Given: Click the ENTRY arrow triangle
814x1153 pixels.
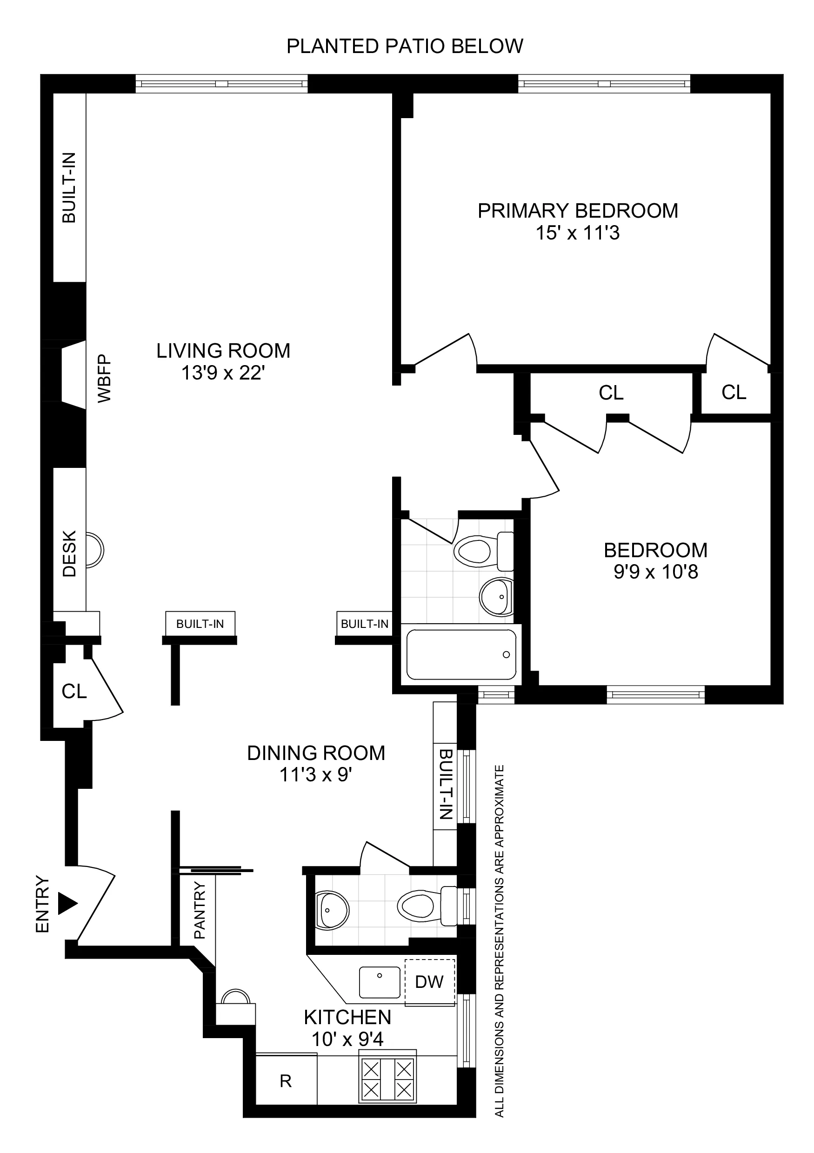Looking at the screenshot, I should point(67,903).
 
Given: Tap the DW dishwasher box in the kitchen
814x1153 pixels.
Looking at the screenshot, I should point(429,982).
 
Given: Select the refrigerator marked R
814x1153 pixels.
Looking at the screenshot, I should point(286,1081).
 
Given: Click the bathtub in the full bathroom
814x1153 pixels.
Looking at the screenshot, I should point(461,654).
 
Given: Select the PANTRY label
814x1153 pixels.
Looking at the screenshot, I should point(200,910).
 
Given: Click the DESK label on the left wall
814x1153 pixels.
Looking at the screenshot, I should point(69,553).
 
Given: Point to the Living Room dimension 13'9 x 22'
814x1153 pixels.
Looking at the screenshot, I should point(223,373).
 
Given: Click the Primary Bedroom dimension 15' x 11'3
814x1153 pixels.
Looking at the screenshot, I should point(578,233).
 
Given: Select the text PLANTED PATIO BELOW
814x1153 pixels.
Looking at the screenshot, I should point(405,46).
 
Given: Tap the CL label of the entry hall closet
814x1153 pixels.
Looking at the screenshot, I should point(74,692).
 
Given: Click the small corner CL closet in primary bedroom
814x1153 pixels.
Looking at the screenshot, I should point(734,392).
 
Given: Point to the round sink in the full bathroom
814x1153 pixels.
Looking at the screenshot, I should point(496,597).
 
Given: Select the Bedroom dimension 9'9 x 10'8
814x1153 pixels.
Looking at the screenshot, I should point(655,572).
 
